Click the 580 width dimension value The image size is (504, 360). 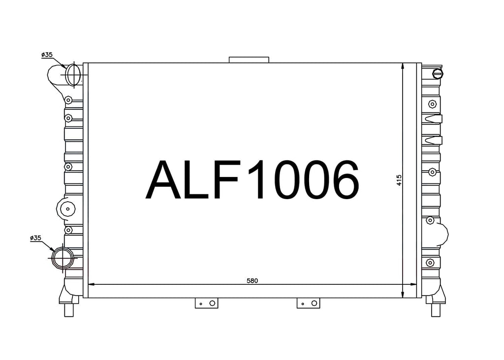click(x=252, y=281)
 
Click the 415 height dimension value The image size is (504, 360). click(x=399, y=180)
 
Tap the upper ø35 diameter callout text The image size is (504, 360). click(x=47, y=55)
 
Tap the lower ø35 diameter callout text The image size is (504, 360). click(x=35, y=238)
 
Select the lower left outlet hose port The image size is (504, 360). click(x=63, y=258)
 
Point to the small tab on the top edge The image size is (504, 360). click(x=249, y=60)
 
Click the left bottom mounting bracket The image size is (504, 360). click(x=206, y=303)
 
